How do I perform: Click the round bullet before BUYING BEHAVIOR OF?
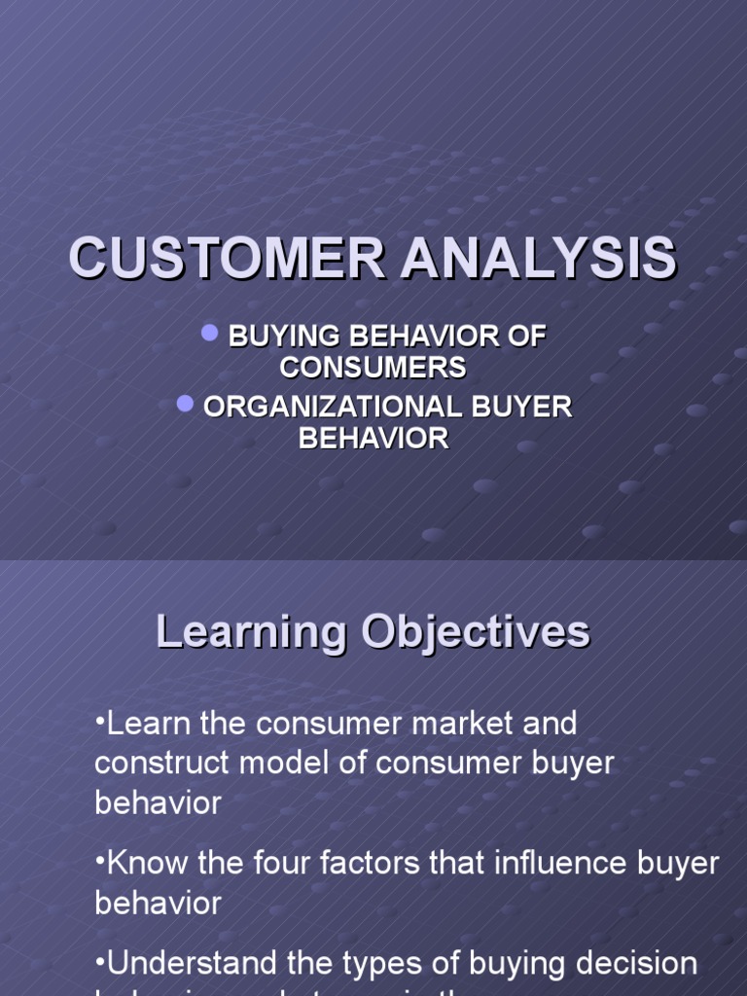point(209,333)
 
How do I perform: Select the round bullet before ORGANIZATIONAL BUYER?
point(185,404)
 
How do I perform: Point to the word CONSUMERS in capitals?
point(373,368)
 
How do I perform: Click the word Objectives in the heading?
point(476,632)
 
